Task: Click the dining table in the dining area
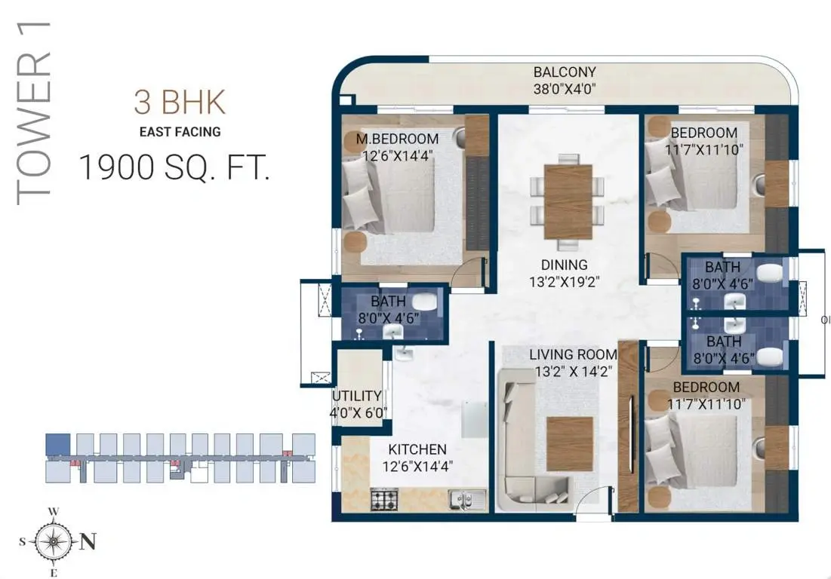point(568,201)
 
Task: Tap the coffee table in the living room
point(570,443)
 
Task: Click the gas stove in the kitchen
point(384,499)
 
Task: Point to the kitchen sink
point(467,499)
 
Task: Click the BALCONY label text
point(565,72)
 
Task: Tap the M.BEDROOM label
point(398,139)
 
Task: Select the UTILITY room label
point(357,396)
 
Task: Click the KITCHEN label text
point(417,449)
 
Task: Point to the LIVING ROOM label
point(573,354)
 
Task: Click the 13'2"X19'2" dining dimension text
point(564,281)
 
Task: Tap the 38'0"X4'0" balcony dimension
point(565,89)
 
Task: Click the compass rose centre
point(53,542)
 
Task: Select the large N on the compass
point(88,541)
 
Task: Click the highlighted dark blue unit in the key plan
point(58,444)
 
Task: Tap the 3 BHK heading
point(180,102)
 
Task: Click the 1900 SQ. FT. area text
point(174,167)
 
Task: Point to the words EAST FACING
point(180,132)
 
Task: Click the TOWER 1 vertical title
point(34,113)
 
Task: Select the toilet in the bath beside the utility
point(424,302)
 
